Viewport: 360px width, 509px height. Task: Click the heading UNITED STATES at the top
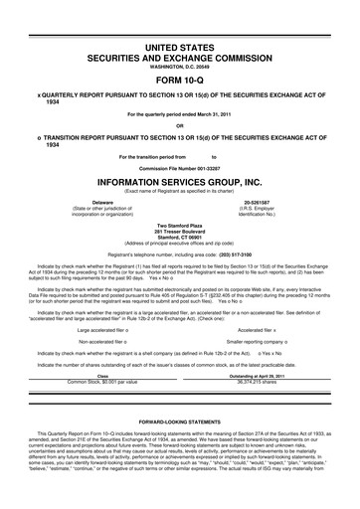[x=179, y=48]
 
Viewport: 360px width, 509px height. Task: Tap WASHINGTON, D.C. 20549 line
[x=179, y=67]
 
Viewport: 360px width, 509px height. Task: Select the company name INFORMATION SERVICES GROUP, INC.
[x=179, y=184]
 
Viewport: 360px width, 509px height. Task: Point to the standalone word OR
[x=179, y=125]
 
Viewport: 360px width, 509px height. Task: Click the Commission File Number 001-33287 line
[x=179, y=169]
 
